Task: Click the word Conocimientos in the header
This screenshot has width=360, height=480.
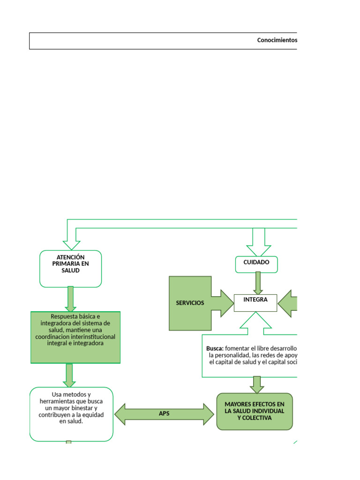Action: pos(277,40)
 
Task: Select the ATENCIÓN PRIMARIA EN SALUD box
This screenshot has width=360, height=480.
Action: pos(71,268)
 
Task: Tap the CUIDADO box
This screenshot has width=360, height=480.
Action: pos(256,264)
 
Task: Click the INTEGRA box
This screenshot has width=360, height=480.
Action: pos(255,303)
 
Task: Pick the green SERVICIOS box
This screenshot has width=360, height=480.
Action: pos(190,303)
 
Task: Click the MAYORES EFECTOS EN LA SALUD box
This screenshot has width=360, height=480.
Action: pos(255,411)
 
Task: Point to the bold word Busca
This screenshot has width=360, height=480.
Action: pos(215,348)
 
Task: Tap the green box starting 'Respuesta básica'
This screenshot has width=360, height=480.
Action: pos(75,337)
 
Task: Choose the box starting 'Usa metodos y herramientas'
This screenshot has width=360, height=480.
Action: pos(71,413)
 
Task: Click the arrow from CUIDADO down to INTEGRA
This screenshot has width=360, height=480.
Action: pos(258,283)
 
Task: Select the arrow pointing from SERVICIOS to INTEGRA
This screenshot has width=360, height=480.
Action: pos(222,303)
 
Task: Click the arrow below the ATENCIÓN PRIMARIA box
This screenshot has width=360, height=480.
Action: pos(71,299)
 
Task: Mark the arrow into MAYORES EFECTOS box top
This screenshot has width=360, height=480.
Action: pos(257,385)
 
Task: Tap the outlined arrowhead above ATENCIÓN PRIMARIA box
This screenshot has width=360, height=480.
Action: pos(72,244)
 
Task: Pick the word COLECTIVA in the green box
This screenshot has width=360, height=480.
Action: pos(255,418)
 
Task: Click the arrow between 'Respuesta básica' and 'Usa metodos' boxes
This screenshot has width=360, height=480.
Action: pos(70,375)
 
